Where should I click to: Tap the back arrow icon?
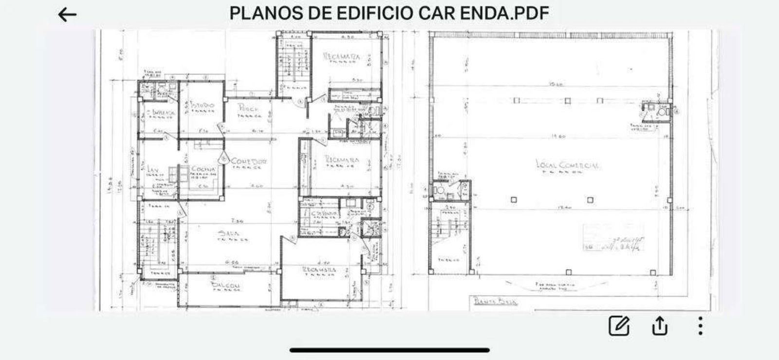[67, 15]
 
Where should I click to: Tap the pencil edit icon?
[619, 325]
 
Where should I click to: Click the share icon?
[660, 325]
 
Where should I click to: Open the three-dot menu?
[700, 325]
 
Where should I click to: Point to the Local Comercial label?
[567, 165]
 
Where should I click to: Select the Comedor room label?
[249, 161]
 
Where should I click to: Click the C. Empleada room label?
[160, 113]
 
